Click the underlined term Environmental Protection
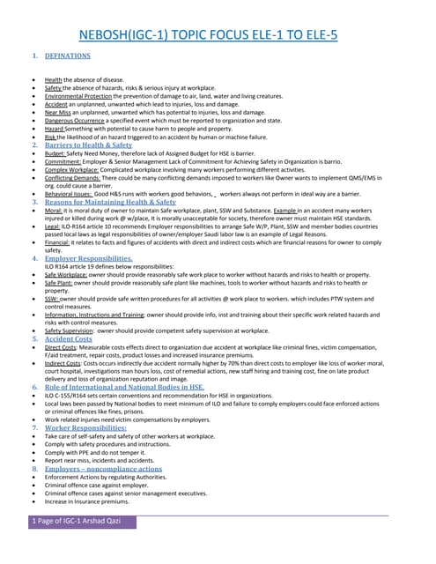coord(83,96)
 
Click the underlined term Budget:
coord(57,153)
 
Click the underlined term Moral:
coord(55,211)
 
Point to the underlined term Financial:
coord(60,243)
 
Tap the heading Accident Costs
coord(68,339)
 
